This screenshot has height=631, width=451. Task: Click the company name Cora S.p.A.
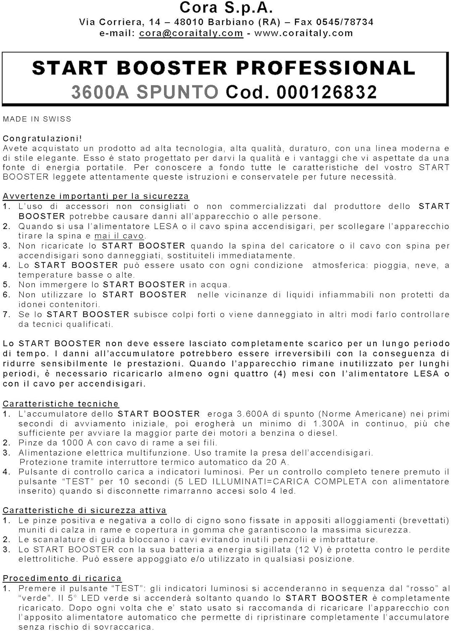click(226, 8)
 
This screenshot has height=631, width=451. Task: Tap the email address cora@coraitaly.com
click(191, 33)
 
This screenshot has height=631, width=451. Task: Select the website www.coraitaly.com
click(303, 33)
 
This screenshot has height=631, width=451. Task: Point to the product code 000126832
click(327, 92)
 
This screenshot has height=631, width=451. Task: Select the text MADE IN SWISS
click(37, 119)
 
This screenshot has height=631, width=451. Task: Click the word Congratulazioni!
click(42, 138)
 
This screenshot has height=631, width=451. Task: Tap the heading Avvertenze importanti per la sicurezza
click(96, 196)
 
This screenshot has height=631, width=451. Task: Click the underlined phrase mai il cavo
click(119, 236)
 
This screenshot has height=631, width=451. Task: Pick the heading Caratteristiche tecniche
click(61, 404)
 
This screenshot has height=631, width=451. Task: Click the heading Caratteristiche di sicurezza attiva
click(84, 510)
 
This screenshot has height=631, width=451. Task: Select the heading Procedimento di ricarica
click(62, 578)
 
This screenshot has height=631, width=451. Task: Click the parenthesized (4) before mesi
click(280, 374)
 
